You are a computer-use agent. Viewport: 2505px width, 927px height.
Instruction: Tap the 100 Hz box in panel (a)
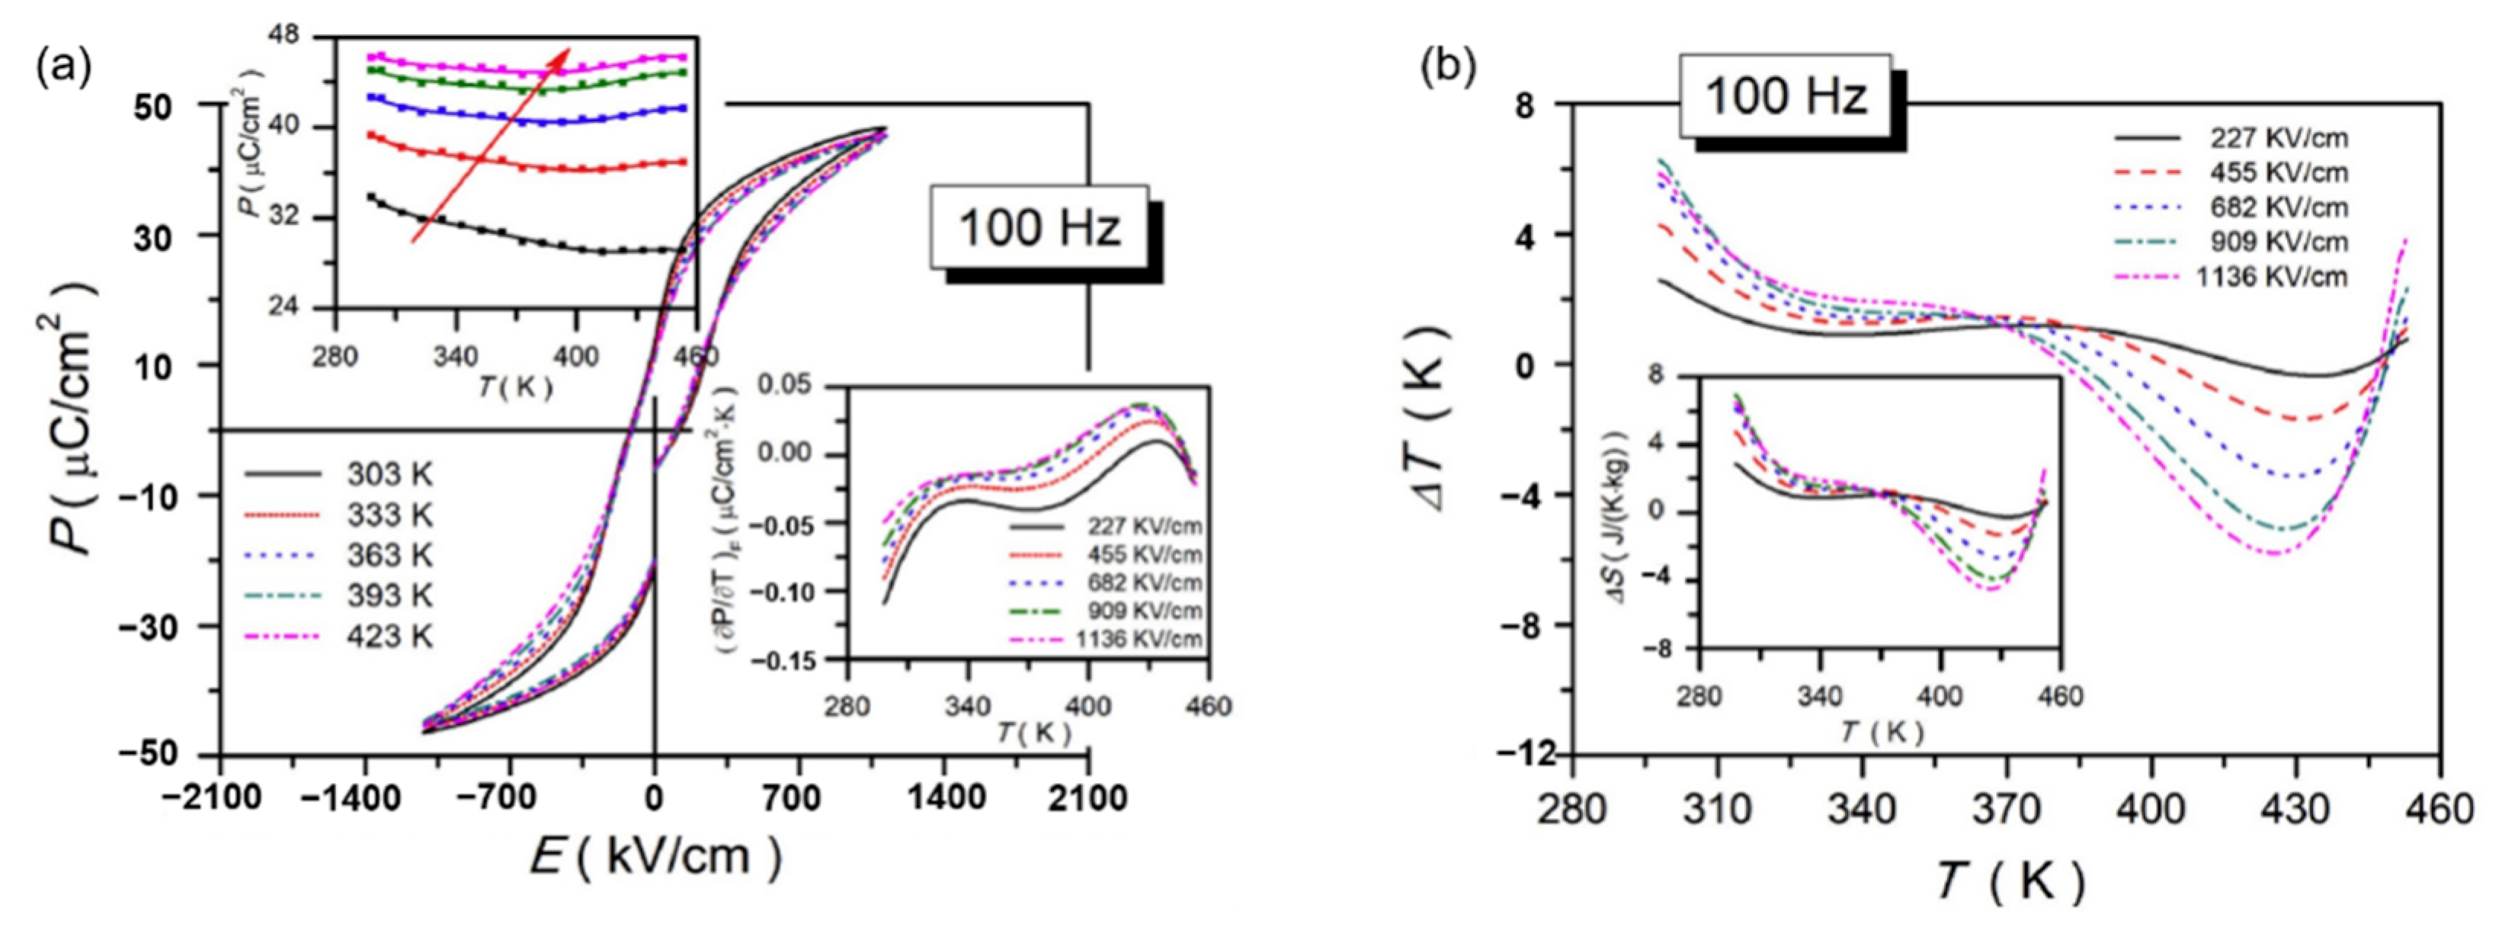pos(1039,228)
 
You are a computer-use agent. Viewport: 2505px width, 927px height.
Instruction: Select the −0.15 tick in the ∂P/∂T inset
pos(793,660)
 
